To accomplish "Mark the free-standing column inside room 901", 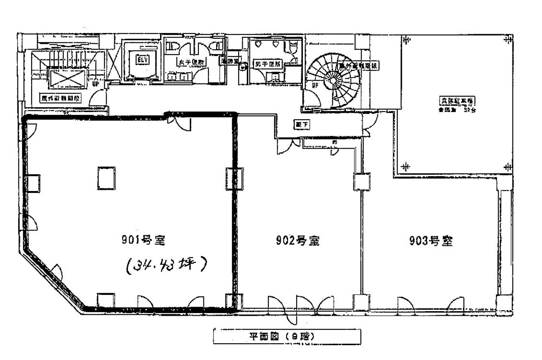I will click(x=106, y=178).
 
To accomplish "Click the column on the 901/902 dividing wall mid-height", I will click(x=233, y=178).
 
